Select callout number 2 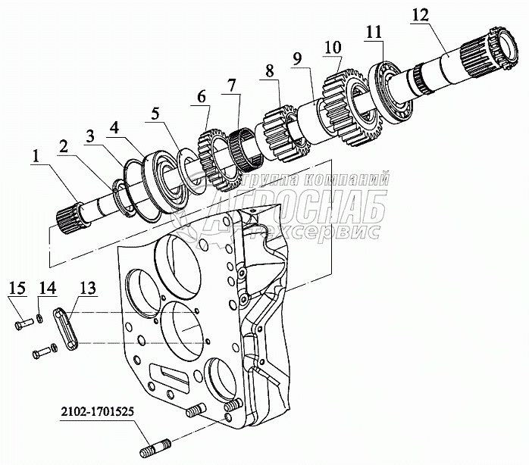coord(66,146)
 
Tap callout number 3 coord(90,136)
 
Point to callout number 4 coord(114,126)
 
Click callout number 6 coord(201,97)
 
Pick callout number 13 coord(88,288)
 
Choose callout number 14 coord(47,288)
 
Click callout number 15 coord(18,288)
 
